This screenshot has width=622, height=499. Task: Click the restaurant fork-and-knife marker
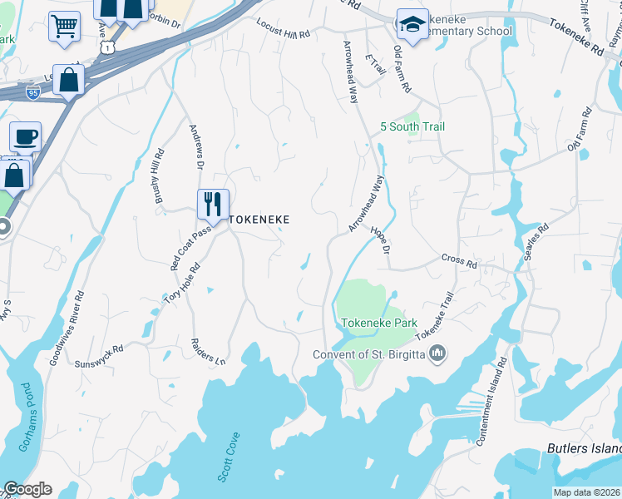click(213, 203)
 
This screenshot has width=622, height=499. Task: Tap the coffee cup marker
click(25, 136)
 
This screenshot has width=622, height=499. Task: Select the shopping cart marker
click(64, 26)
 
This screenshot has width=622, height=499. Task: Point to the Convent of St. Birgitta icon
click(439, 354)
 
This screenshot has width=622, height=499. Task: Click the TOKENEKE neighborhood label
click(259, 219)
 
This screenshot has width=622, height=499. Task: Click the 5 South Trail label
click(412, 126)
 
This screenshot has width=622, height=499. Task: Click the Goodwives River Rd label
click(67, 329)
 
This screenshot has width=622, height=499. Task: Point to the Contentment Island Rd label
click(490, 401)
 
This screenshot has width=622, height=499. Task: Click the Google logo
click(27, 489)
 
